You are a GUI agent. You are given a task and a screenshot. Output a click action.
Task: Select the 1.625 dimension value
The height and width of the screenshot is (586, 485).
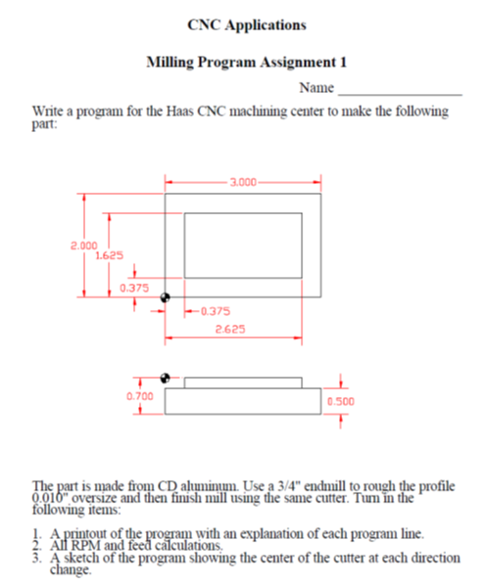108,254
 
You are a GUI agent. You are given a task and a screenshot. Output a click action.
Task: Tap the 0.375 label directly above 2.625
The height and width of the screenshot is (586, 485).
212,311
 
